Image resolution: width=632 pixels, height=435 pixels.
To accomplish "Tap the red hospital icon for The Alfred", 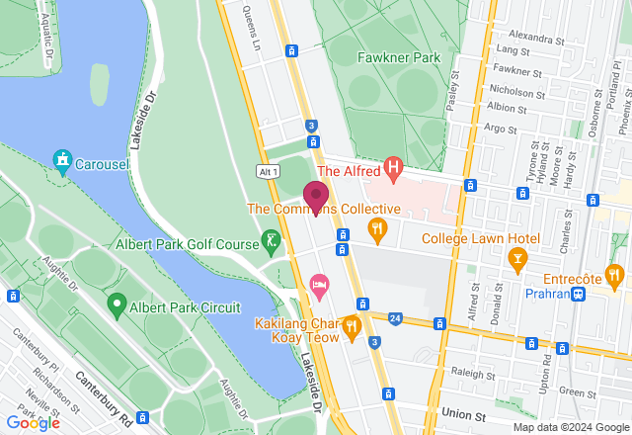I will click(394, 170).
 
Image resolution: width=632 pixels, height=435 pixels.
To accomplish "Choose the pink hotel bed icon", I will click(319, 285).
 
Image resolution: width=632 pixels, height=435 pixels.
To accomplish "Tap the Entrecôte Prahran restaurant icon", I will click(614, 274).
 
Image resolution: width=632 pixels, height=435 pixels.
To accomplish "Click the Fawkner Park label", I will click(399, 57).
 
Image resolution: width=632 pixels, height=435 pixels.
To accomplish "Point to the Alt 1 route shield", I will click(268, 171).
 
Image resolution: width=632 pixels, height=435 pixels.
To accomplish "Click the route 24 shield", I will click(395, 318).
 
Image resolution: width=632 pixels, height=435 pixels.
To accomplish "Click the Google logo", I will click(32, 422).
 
